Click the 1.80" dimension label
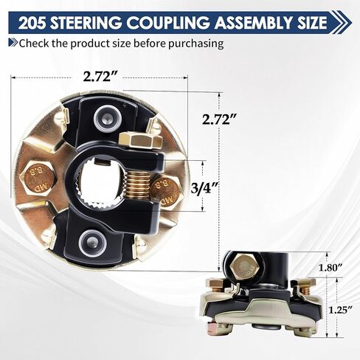(332, 266)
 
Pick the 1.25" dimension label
(332, 310)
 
